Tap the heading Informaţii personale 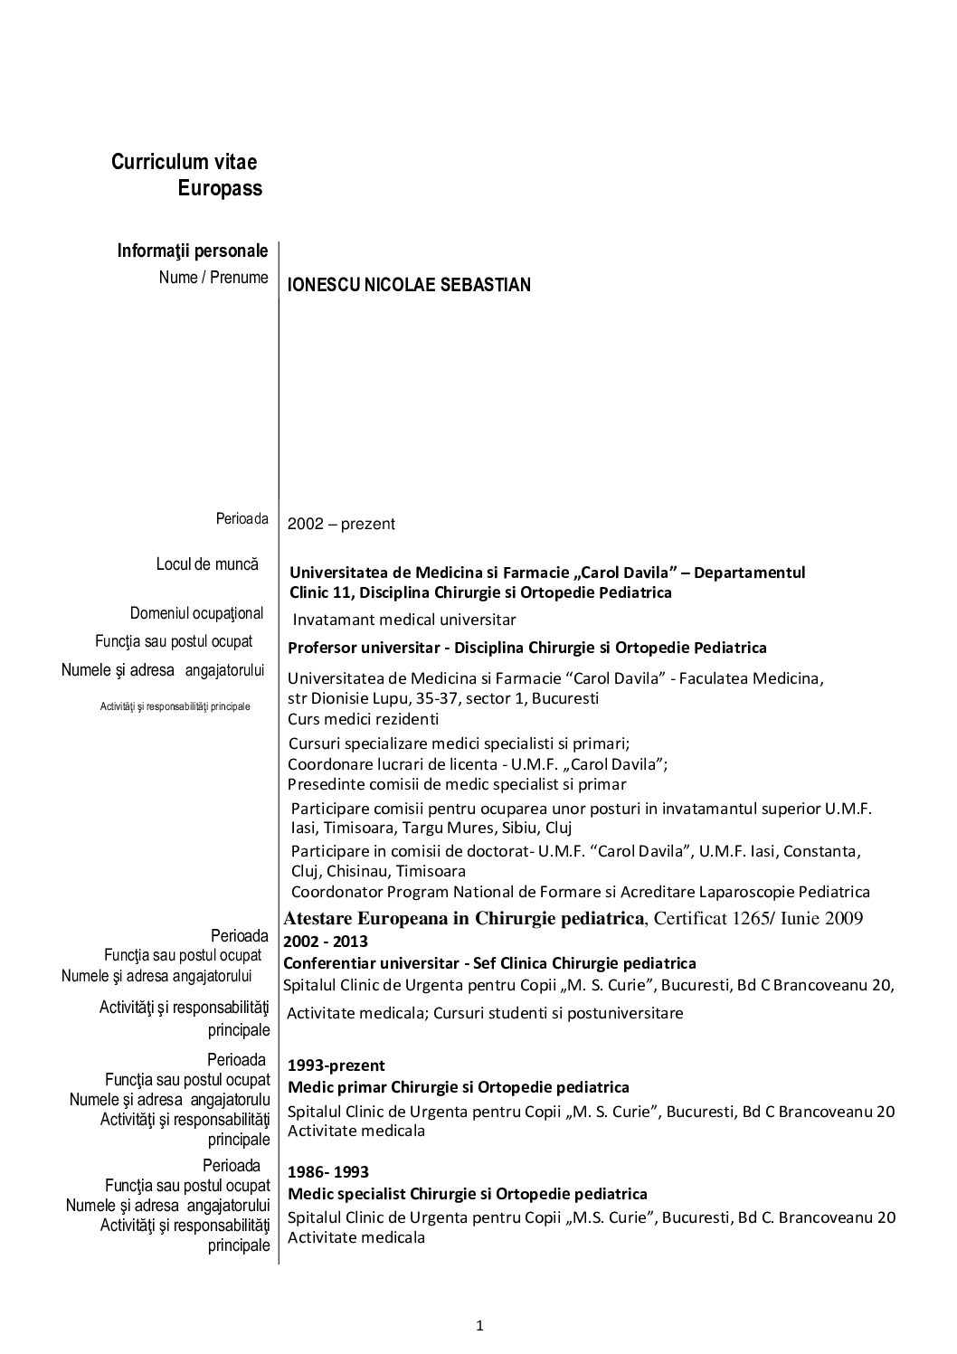[192, 251]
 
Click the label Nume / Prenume [213, 278]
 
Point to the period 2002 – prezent [341, 524]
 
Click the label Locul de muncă [207, 564]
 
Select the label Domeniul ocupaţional [196, 613]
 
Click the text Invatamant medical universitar [403, 620]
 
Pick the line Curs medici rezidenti [363, 719]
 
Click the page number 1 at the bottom [480, 1328]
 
